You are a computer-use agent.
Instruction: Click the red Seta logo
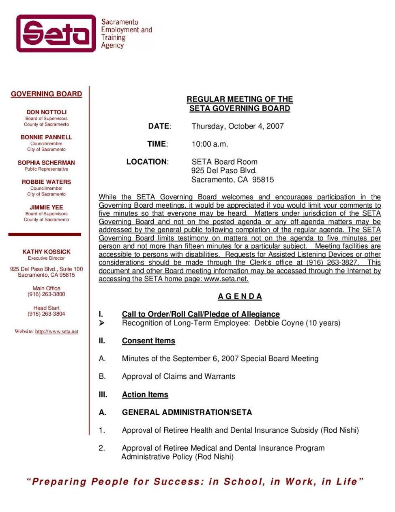point(56,33)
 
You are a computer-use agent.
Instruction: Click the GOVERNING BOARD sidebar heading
point(46,94)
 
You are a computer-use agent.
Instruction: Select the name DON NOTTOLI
point(46,112)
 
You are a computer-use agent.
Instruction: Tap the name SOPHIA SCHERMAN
point(46,163)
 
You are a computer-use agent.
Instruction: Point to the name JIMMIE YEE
point(46,207)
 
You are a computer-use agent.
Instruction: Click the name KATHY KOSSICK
point(46,252)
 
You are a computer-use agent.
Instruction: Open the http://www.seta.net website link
point(57,332)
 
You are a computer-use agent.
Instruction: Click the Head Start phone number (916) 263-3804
point(46,314)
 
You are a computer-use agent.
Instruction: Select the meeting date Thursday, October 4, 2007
point(237,126)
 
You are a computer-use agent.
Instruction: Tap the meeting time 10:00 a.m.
point(210,144)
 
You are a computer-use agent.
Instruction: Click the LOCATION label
point(147,162)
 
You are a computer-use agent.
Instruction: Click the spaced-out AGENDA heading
point(240,296)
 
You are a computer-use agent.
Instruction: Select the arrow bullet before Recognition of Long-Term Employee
point(101,323)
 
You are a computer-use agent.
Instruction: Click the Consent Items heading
point(148,341)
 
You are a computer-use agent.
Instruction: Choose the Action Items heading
point(145,395)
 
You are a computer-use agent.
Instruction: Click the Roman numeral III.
point(103,395)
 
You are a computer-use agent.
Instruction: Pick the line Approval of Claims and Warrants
point(178,376)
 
